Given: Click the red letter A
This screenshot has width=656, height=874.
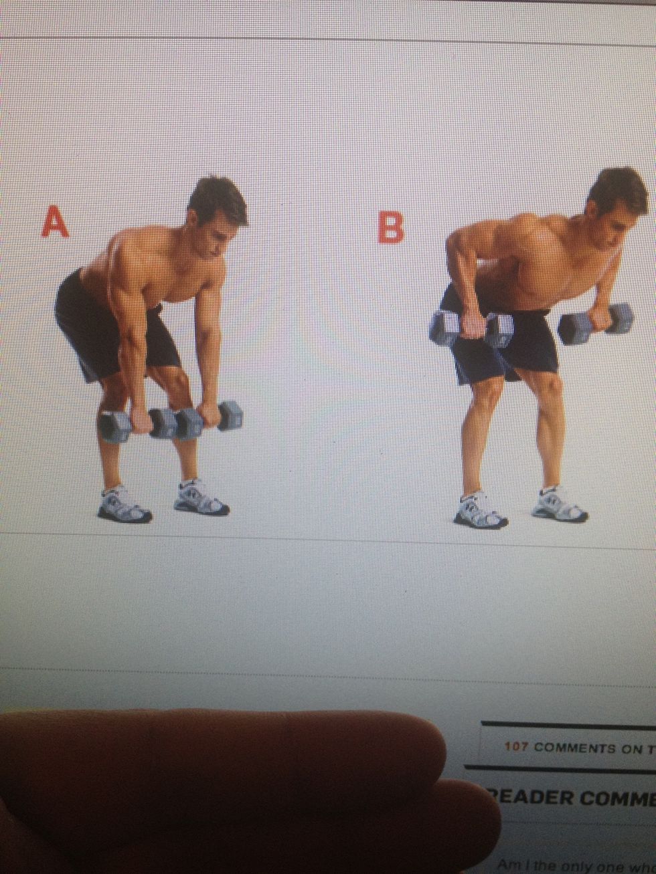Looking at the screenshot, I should [55, 222].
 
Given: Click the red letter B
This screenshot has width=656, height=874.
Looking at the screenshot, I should [392, 227].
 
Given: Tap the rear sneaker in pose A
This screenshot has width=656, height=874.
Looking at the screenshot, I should [125, 505].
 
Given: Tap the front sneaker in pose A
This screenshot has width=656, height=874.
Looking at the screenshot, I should [201, 498].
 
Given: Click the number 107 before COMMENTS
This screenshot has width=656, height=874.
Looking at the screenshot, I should [517, 746].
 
